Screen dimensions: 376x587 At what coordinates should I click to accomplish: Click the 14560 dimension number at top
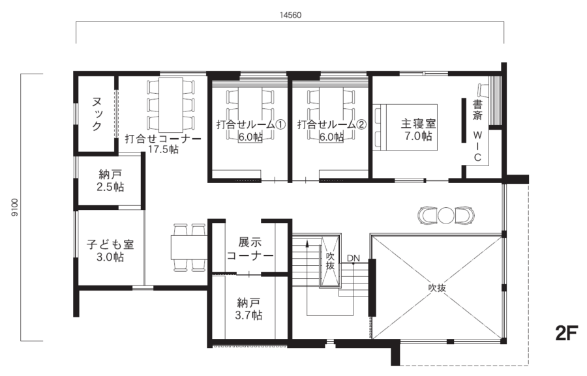pyautogui.click(x=292, y=14)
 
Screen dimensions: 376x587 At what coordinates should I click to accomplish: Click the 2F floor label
pyautogui.click(x=567, y=335)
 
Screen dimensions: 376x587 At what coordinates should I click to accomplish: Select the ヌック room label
pyautogui.click(x=97, y=115)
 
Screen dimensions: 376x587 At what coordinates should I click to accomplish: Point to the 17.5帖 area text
pyautogui.click(x=162, y=149)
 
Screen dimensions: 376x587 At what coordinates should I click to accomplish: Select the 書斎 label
pyautogui.click(x=478, y=109)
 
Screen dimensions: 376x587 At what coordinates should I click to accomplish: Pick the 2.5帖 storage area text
pyautogui.click(x=110, y=187)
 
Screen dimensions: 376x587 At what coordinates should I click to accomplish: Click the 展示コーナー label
pyautogui.click(x=249, y=248)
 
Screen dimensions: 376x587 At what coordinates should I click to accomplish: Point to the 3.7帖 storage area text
pyautogui.click(x=249, y=315)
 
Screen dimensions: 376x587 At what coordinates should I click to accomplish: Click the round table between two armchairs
pyautogui.click(x=446, y=214)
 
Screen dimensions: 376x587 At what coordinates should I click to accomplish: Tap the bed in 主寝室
pyautogui.click(x=404, y=127)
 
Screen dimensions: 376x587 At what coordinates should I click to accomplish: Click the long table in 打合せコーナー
pyautogui.click(x=172, y=104)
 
